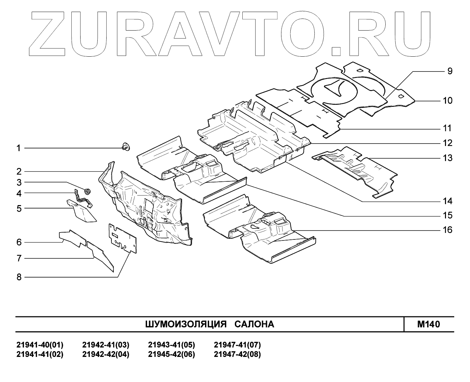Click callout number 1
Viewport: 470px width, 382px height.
[19, 148]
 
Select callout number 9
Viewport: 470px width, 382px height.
[449, 71]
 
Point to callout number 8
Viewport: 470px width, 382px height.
[19, 277]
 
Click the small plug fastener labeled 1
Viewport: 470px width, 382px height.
[125, 147]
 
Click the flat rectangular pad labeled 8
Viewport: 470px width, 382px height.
[122, 238]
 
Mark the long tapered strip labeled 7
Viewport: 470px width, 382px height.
[100, 255]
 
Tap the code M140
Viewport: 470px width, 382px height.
[429, 324]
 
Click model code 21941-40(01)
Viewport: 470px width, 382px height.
[40, 345]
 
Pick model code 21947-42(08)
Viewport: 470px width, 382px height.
[237, 355]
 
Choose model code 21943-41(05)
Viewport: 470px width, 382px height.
[171, 345]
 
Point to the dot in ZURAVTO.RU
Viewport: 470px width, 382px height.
[336, 50]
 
